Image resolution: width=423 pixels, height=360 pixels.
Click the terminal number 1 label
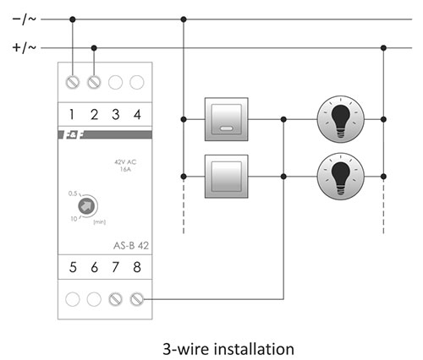point(72,114)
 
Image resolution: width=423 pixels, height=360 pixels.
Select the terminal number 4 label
point(137,114)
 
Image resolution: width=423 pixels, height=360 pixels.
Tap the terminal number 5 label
point(73,267)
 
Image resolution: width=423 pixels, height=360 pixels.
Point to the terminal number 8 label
point(137,267)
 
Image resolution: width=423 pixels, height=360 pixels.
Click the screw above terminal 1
point(73,83)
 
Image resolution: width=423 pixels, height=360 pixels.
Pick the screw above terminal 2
point(94,83)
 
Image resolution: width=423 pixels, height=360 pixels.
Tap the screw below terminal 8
point(137,299)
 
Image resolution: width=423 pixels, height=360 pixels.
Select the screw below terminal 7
point(115,299)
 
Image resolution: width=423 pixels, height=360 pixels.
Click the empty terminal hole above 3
point(115,83)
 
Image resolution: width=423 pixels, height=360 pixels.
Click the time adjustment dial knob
point(86,206)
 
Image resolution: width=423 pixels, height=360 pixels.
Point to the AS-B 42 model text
point(131,246)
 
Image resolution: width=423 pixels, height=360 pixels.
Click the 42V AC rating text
point(125,162)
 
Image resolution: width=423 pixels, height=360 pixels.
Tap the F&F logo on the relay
point(74,135)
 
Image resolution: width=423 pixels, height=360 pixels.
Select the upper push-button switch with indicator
point(227,119)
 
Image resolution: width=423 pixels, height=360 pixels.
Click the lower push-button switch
point(227,177)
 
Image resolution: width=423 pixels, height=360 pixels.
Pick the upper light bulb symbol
point(341,119)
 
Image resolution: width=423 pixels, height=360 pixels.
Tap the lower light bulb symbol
point(341,177)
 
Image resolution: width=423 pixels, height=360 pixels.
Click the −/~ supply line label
point(25,19)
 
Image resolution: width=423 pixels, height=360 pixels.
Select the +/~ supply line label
point(25,47)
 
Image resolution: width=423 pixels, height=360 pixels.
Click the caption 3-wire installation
point(228,349)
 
